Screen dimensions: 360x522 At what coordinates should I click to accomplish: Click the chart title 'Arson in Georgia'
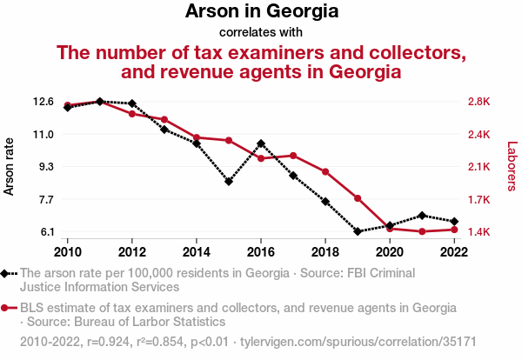coord(261,12)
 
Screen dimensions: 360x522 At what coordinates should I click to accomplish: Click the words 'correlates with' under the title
coord(261,33)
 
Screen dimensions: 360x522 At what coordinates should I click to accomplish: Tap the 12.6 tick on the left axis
coord(43,102)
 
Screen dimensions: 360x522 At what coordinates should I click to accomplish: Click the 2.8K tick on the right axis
coord(480,102)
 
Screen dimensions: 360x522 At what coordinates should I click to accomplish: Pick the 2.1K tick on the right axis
coord(480,167)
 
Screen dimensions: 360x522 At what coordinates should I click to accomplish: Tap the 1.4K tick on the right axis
coord(480,232)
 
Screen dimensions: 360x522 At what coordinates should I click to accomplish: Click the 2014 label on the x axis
coord(197,252)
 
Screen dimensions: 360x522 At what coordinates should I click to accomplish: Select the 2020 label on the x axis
coord(389,252)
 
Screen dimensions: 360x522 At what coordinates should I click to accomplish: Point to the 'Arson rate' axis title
coord(10,166)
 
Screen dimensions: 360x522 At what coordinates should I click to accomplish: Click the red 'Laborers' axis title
coord(512,166)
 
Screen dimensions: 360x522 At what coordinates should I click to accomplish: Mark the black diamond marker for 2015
coord(229,182)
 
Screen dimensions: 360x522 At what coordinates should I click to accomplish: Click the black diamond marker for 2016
coord(261,143)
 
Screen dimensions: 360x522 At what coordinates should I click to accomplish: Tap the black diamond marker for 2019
coord(358,231)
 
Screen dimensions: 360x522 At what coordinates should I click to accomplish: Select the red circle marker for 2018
coord(325,171)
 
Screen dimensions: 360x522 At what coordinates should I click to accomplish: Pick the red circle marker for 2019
coord(358,198)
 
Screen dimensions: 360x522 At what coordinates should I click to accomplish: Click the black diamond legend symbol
coord(6,273)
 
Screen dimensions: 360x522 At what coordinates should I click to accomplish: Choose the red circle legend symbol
coord(6,308)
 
